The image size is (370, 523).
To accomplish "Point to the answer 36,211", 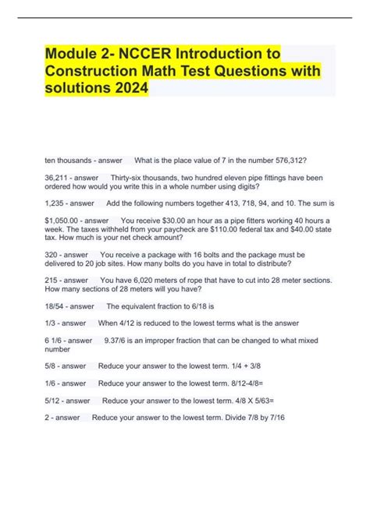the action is (59, 178).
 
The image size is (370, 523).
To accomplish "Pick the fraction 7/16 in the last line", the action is (276, 418).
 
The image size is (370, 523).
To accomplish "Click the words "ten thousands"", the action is (69, 161).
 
